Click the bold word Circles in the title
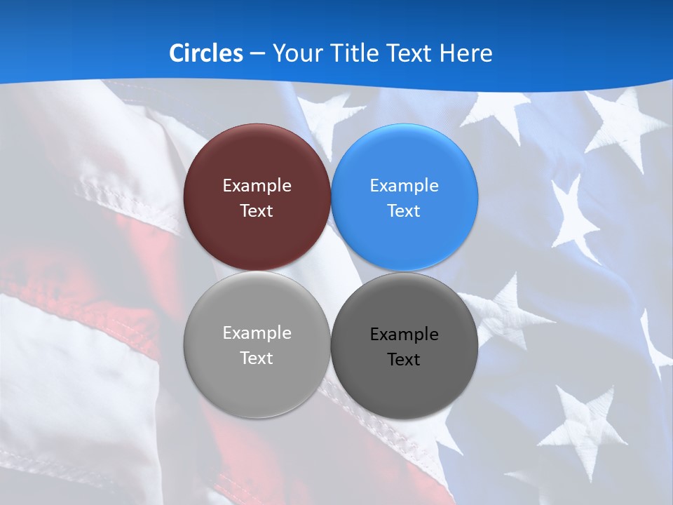click(206, 53)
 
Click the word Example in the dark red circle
click(257, 186)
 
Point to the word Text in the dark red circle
click(257, 211)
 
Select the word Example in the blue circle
click(405, 186)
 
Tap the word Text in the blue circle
click(405, 211)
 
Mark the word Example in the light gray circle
click(257, 333)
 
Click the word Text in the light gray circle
click(257, 358)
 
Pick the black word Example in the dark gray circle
click(405, 335)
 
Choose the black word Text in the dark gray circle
click(405, 360)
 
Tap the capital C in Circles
click(177, 53)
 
